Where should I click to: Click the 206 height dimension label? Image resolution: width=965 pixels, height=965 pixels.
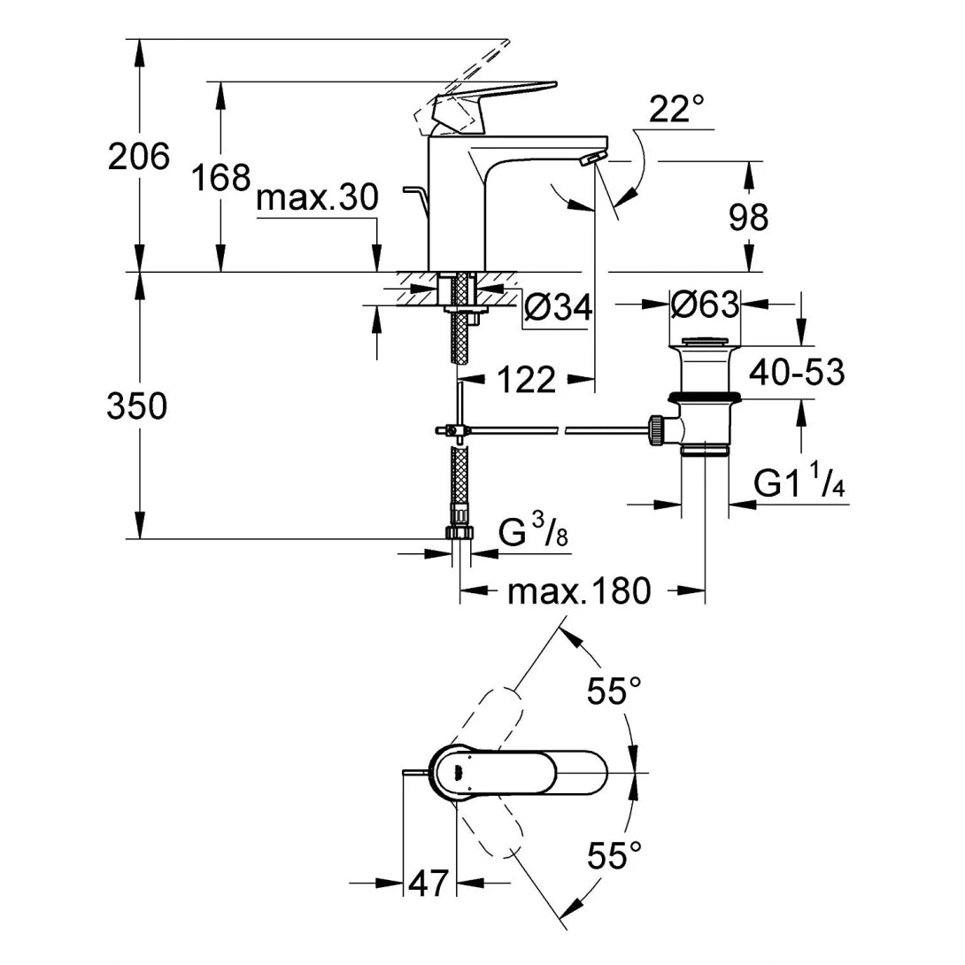[x=138, y=158]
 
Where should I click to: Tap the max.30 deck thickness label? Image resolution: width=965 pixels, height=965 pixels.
[x=317, y=198]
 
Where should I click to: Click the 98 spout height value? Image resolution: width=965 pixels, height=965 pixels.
[x=748, y=217]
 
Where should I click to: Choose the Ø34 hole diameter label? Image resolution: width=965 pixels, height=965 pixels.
[x=558, y=307]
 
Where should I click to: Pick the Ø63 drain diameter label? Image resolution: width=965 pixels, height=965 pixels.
[x=704, y=305]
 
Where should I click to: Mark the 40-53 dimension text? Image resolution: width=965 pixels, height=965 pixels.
[x=797, y=373]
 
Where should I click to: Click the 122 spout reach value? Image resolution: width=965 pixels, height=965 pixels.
[x=526, y=381]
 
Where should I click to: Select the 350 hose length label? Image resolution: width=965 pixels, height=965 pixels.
[x=136, y=406]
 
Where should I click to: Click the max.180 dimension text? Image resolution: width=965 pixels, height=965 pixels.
[x=579, y=591]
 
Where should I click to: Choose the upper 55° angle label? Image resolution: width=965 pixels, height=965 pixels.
[x=614, y=691]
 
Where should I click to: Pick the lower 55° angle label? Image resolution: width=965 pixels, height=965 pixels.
[x=614, y=855]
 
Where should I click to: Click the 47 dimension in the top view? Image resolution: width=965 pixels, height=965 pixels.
[x=428, y=882]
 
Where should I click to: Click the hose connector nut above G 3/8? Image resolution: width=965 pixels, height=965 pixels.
[x=460, y=531]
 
